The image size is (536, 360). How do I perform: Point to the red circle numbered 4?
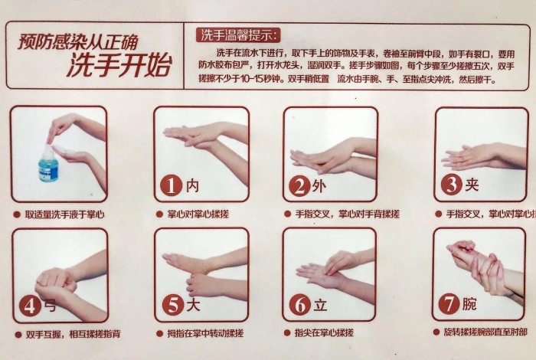29,306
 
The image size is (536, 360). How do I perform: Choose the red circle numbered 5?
171,305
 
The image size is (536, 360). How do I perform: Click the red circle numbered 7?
449,304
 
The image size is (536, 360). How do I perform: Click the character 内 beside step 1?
193,185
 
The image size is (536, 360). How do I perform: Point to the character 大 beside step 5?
193,305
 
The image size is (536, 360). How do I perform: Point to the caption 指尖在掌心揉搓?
324,333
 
